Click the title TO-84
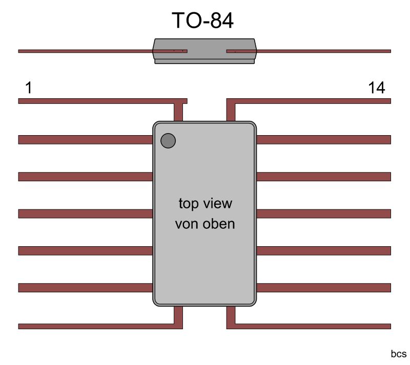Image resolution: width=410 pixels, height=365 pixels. point(202,21)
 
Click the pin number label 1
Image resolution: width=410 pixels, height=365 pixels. point(28,89)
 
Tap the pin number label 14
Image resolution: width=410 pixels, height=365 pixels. point(376,89)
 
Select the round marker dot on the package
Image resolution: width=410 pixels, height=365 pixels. point(168,141)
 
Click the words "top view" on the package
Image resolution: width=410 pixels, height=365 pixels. point(205,203)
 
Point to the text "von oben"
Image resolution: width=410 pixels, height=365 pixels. point(205,224)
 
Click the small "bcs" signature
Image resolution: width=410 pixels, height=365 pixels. point(398,354)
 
